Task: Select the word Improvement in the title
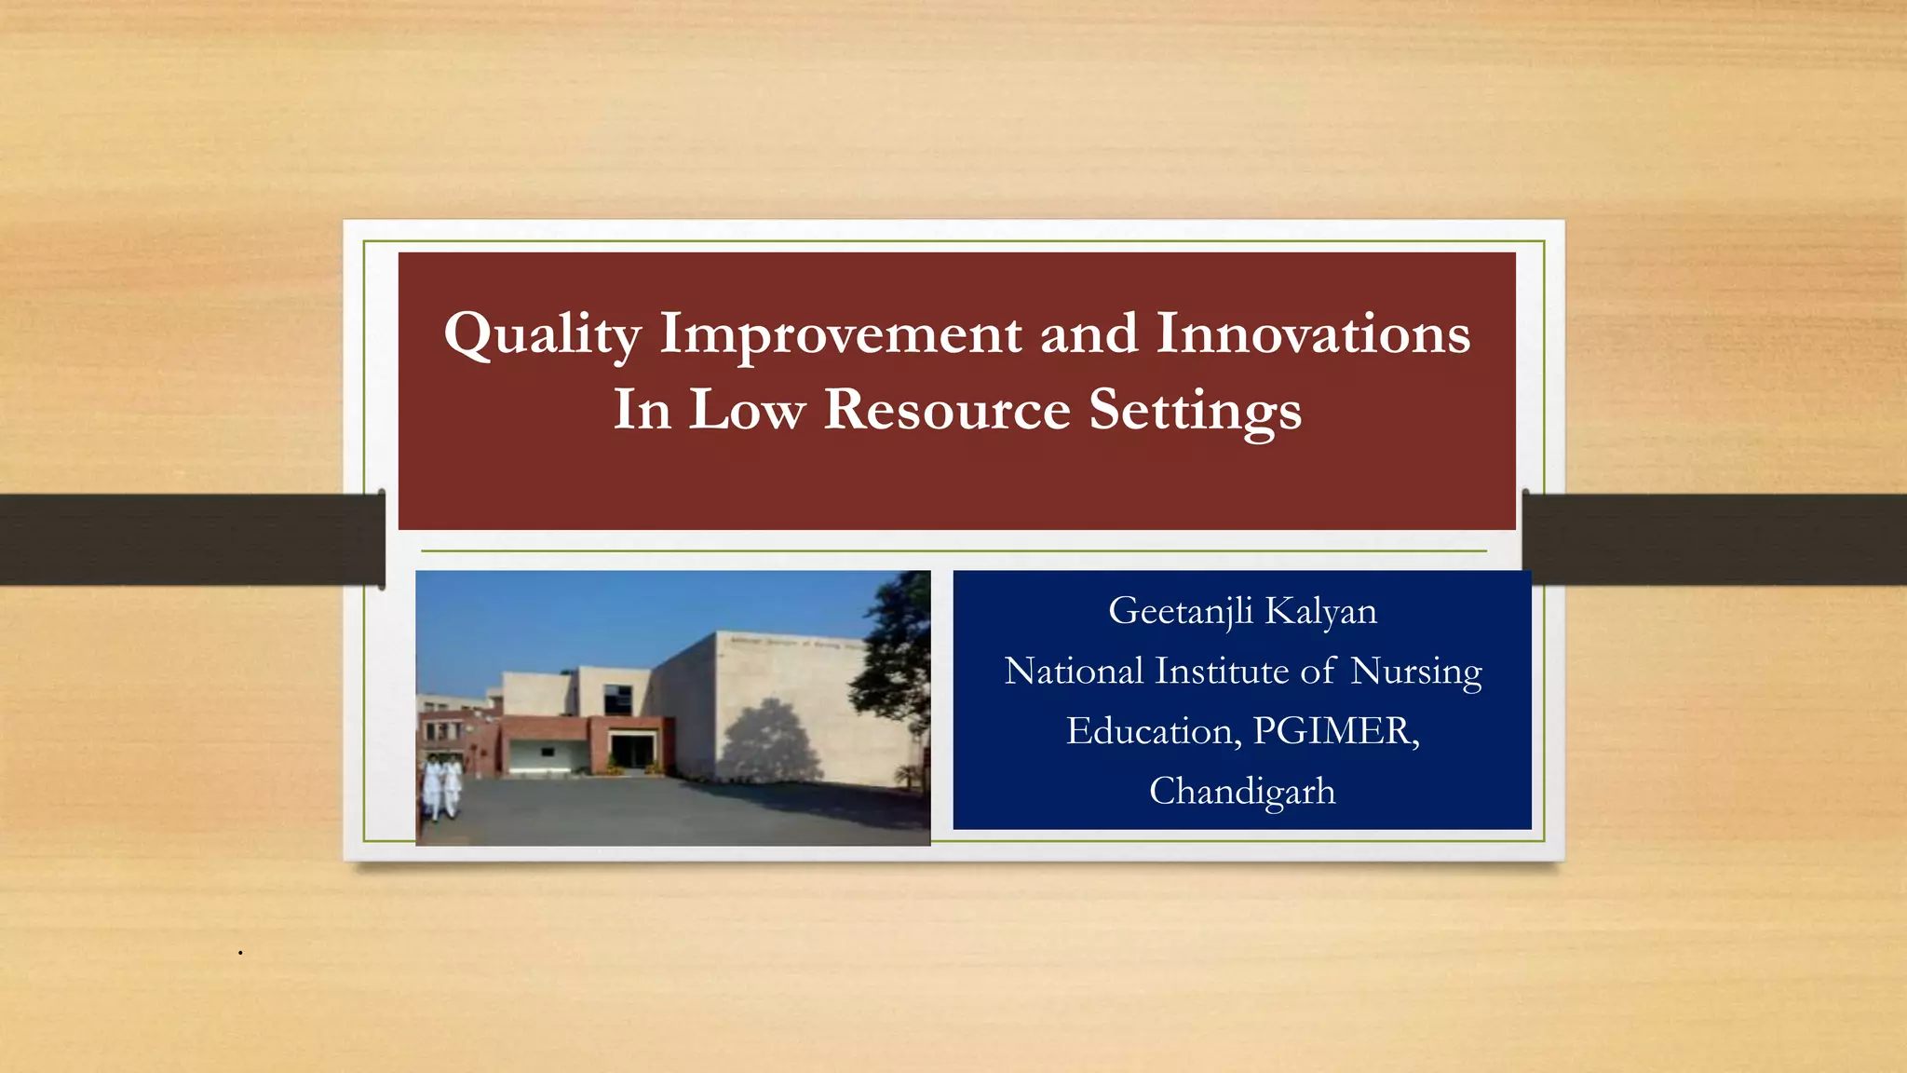(x=840, y=333)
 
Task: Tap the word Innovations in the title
(x=1313, y=333)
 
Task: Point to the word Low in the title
(x=747, y=410)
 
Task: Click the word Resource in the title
(x=947, y=410)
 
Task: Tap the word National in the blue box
(x=1074, y=672)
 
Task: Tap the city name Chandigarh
(x=1242, y=792)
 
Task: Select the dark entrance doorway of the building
(x=629, y=751)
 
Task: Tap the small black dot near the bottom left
(x=240, y=953)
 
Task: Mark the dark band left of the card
(x=186, y=539)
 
